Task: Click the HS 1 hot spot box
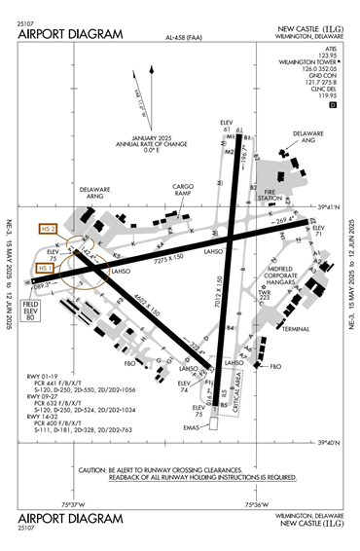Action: point(45,267)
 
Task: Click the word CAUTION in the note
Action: point(94,468)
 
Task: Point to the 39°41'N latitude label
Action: point(331,206)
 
